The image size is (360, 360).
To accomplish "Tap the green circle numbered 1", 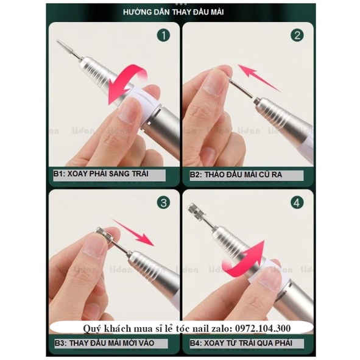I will (162, 35).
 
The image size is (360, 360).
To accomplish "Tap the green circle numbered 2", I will (297, 35).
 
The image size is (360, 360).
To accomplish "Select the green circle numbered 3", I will (162, 202).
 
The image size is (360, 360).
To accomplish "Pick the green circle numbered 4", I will (297, 202).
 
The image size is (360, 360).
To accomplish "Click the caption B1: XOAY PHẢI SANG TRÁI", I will (101, 174).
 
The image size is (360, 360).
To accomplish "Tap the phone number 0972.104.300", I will (266, 329).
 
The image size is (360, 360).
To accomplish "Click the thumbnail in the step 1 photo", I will (129, 110).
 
